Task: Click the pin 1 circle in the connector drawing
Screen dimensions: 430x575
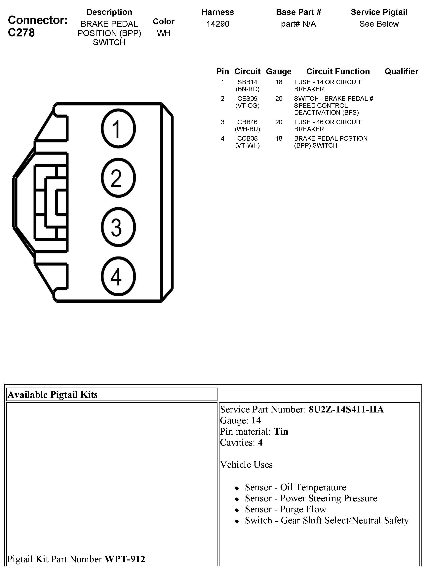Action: coord(118,128)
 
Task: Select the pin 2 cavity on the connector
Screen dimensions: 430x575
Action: coord(118,178)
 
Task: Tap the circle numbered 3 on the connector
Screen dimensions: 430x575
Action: coord(118,227)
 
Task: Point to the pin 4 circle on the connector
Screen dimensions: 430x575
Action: coord(118,276)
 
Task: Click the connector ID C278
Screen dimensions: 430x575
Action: coord(21,33)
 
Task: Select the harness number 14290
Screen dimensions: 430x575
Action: coord(218,24)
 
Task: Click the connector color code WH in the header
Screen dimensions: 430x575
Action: coord(164,33)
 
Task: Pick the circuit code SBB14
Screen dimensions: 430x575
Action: coord(247,82)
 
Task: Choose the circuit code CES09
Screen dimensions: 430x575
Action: coord(247,99)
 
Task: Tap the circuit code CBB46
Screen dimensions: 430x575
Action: coord(247,122)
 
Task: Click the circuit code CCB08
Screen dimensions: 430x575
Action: coord(247,139)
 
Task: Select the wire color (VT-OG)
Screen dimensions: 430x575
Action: coord(247,106)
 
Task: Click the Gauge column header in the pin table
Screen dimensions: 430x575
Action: coord(279,72)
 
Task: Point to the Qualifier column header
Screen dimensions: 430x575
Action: coord(401,72)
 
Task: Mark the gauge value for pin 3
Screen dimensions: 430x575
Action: coord(279,122)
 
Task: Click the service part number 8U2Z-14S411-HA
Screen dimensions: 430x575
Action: coord(346,409)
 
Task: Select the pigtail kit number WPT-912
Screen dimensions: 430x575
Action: coord(125,559)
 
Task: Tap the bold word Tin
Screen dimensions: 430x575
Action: coord(281,432)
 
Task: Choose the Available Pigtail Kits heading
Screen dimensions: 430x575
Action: coord(53,395)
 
